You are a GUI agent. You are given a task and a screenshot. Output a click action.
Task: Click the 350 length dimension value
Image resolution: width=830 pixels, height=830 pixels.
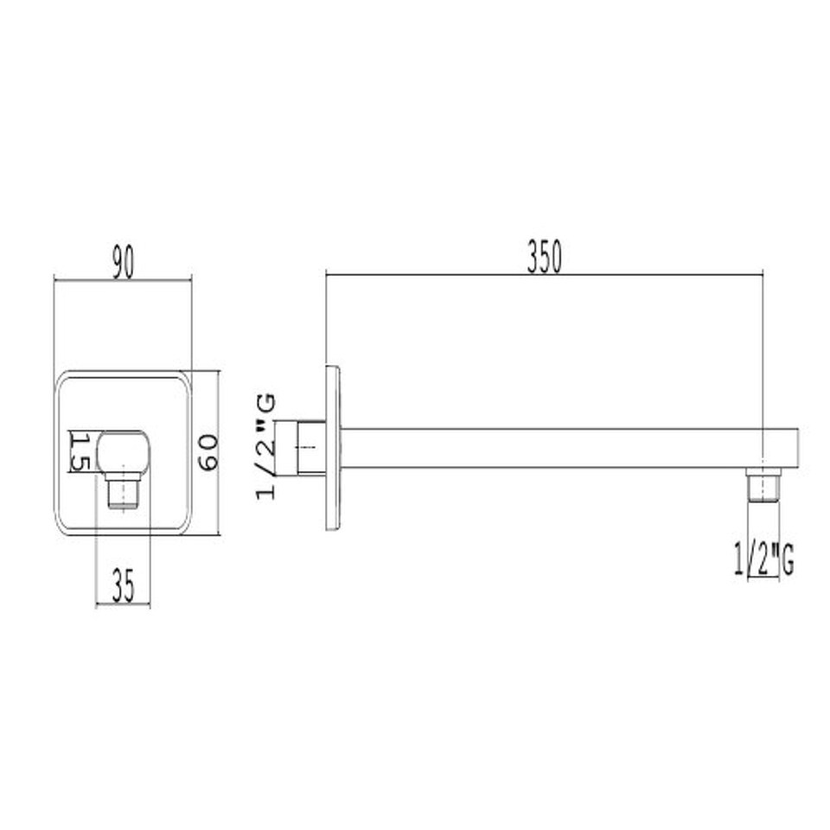pos(544,257)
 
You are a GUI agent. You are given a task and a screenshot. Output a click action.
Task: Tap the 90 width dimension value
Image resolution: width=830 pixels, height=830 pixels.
pos(124,262)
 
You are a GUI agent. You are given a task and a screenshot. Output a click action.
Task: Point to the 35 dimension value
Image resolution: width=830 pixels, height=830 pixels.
pos(124,585)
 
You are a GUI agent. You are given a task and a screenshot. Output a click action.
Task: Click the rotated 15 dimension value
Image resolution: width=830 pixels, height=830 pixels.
pos(80,451)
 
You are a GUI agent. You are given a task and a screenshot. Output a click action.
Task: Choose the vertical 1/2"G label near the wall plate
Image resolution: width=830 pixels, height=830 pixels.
pos(265,446)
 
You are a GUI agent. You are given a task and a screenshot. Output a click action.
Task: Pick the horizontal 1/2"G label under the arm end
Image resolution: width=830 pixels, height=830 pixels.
pos(763,559)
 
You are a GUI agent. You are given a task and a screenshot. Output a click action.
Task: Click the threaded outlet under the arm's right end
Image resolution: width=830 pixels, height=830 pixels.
pos(763,484)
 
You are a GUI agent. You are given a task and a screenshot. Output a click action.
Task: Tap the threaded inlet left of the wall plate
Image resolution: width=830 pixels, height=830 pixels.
pos(310,448)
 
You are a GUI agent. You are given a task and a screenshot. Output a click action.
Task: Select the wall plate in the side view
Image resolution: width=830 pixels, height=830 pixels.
pos(333,448)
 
